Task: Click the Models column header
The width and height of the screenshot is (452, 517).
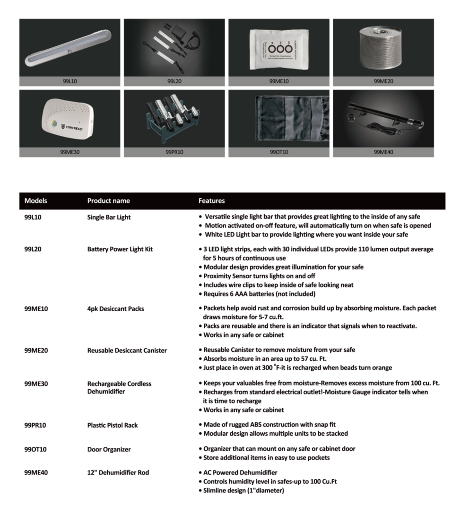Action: [x=35, y=201]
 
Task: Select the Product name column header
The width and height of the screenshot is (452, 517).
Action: [x=108, y=201]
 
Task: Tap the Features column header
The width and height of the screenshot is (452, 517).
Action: [x=211, y=201]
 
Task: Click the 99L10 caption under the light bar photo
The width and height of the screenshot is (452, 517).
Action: [x=70, y=81]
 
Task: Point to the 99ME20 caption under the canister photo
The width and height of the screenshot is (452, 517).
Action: [x=383, y=81]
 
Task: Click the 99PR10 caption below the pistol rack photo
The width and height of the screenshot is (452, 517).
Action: [x=174, y=152]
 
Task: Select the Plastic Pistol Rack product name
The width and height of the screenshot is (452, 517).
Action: [x=113, y=425]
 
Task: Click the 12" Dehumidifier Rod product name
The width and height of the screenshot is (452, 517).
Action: [x=118, y=473]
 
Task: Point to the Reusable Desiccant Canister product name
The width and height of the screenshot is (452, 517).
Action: [x=127, y=351]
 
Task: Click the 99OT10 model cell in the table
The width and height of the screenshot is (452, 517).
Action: [x=35, y=449]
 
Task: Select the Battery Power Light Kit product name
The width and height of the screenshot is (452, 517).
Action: [x=120, y=249]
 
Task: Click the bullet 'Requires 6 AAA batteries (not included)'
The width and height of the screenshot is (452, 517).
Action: [x=259, y=294]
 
